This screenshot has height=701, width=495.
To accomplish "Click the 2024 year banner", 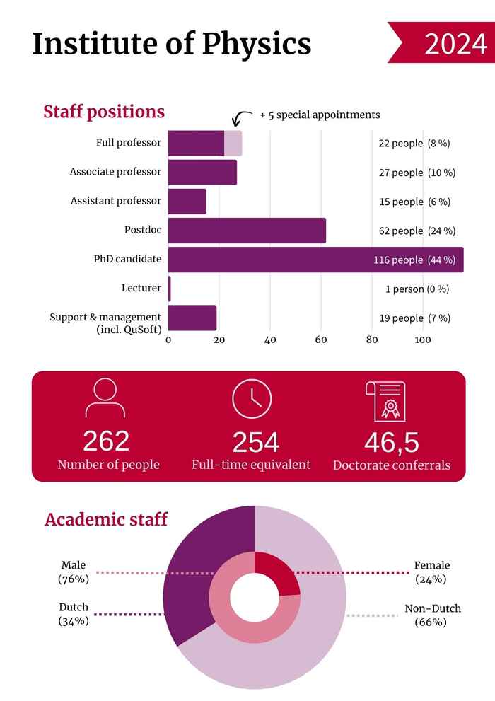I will (x=442, y=43).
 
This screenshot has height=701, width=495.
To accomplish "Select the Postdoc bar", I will (x=247, y=231).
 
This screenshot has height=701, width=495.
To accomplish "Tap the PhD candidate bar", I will (x=311, y=260).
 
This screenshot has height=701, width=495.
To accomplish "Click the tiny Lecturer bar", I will (x=170, y=289).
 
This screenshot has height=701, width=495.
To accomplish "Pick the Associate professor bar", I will (x=202, y=173).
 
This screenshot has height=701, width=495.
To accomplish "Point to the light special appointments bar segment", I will (x=233, y=144).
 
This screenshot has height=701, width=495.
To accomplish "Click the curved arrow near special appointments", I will (x=243, y=117).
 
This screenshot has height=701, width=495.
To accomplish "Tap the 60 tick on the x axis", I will (x=321, y=340).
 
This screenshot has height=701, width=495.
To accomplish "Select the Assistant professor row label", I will (x=116, y=201).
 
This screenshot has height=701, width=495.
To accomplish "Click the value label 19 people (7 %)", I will (x=414, y=318).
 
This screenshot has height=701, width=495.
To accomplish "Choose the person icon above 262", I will (x=105, y=398).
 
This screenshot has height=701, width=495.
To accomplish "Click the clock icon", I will (x=252, y=398).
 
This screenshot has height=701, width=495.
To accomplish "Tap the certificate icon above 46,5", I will (x=385, y=400).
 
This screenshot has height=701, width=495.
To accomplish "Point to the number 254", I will (x=255, y=443).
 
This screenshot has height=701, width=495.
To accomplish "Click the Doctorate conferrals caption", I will (x=391, y=465).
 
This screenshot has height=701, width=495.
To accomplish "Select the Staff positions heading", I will (x=104, y=112).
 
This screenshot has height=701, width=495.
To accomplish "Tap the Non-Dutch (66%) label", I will (x=432, y=615).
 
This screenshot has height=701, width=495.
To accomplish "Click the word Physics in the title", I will (x=257, y=44).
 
